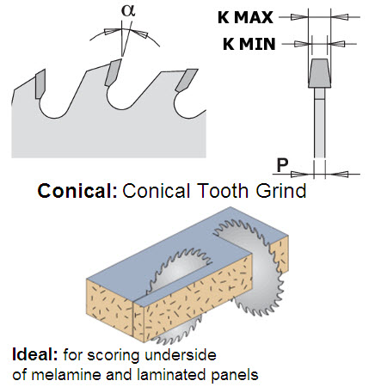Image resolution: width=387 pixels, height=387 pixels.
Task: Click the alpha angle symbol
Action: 128,11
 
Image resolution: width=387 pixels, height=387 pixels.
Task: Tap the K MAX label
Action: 245,17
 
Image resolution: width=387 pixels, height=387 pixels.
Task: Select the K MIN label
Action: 249,44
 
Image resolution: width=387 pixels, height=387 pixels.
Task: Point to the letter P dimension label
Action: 283,165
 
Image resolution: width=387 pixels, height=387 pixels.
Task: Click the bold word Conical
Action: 77,191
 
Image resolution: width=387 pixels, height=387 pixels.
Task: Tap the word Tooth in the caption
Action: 223,191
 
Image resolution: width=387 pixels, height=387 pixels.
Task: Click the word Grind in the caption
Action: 281,191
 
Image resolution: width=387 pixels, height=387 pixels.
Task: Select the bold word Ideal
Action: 35,354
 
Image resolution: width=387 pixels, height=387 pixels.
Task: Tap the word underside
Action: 181,355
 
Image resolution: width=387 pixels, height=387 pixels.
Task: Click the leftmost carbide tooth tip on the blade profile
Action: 40,83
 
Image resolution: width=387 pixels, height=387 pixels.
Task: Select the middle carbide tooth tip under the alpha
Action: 114,72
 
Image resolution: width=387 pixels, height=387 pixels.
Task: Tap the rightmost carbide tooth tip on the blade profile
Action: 187,80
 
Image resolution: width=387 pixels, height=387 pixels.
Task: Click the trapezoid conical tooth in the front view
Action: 320,73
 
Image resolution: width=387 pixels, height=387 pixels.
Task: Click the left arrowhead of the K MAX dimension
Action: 299,17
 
